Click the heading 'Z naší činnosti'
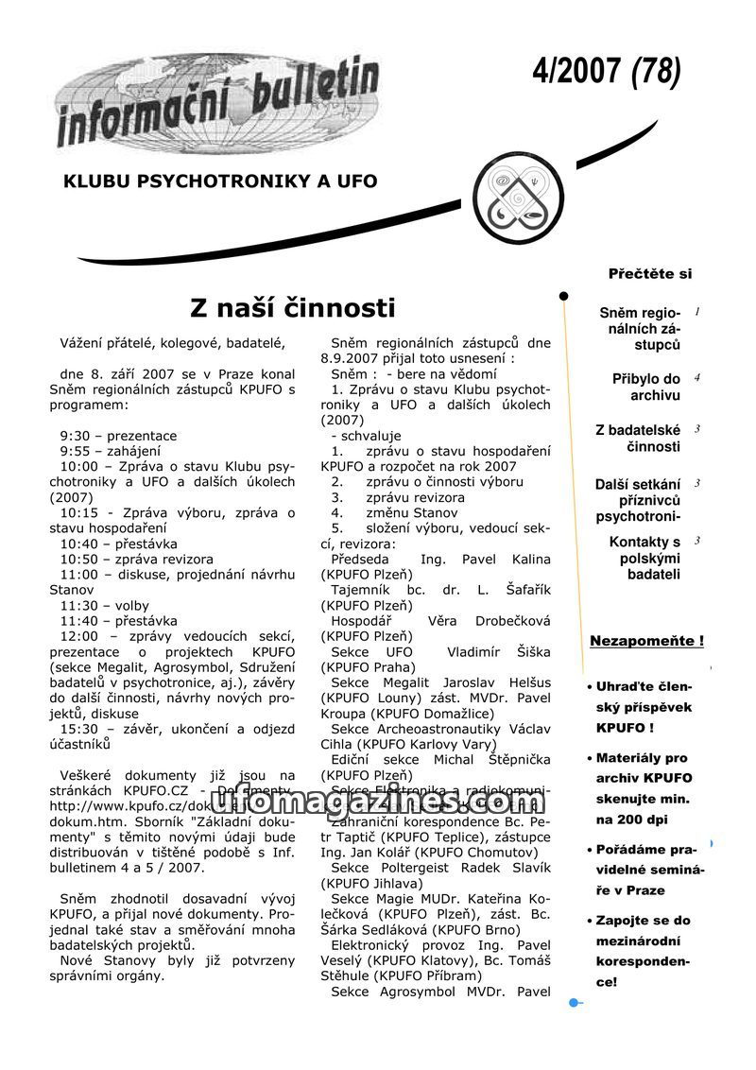point(292,308)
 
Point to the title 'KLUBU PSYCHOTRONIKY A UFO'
point(220,181)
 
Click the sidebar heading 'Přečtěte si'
point(650,274)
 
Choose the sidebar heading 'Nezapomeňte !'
point(646,641)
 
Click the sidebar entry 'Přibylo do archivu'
point(646,388)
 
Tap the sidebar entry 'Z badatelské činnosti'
point(639,439)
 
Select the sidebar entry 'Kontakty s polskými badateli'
point(646,558)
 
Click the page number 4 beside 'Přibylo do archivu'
point(697,378)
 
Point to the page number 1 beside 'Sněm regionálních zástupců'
point(697,312)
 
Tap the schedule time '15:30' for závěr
point(79,730)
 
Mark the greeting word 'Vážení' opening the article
point(82,343)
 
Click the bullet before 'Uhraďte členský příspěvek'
point(589,687)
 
